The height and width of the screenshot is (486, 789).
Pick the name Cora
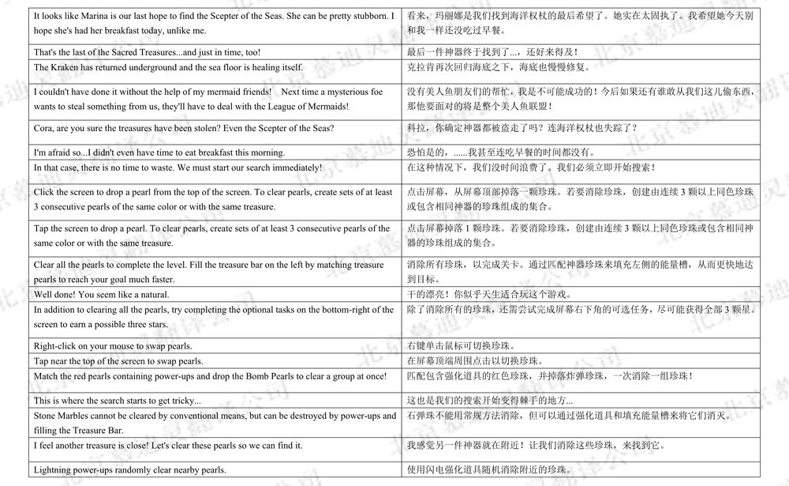tap(44, 128)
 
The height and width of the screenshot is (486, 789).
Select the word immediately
tap(293, 168)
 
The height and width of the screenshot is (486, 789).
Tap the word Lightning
tap(54, 469)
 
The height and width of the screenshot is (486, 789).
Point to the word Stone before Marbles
tap(46, 416)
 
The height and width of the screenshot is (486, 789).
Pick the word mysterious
tap(345, 92)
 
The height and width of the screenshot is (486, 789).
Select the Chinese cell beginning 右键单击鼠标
tap(462, 346)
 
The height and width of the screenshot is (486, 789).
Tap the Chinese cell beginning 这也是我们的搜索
tap(490, 401)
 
